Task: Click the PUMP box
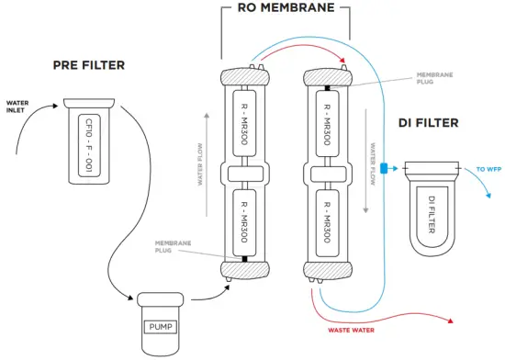161,325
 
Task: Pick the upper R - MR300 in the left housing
243,123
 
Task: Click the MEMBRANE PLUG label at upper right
433,79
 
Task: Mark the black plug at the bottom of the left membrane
243,258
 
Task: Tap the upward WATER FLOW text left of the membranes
200,162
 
